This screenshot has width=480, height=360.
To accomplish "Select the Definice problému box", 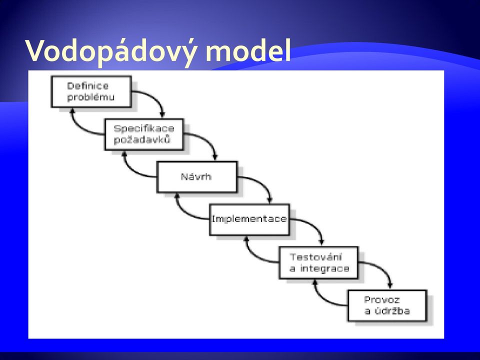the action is pos(91,91).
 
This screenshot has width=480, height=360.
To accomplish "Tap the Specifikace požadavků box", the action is pos(144,134).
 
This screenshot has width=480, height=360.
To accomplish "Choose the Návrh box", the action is pos(197,177).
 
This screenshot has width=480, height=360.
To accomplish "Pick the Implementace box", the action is pos(250,219).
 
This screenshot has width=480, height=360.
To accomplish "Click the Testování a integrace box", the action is pos(319,262).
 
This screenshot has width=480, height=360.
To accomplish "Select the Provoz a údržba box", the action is pos(387,305).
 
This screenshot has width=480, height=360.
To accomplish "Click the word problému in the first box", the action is pos(90,97).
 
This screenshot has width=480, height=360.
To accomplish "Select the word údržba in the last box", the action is pos(391,310).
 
